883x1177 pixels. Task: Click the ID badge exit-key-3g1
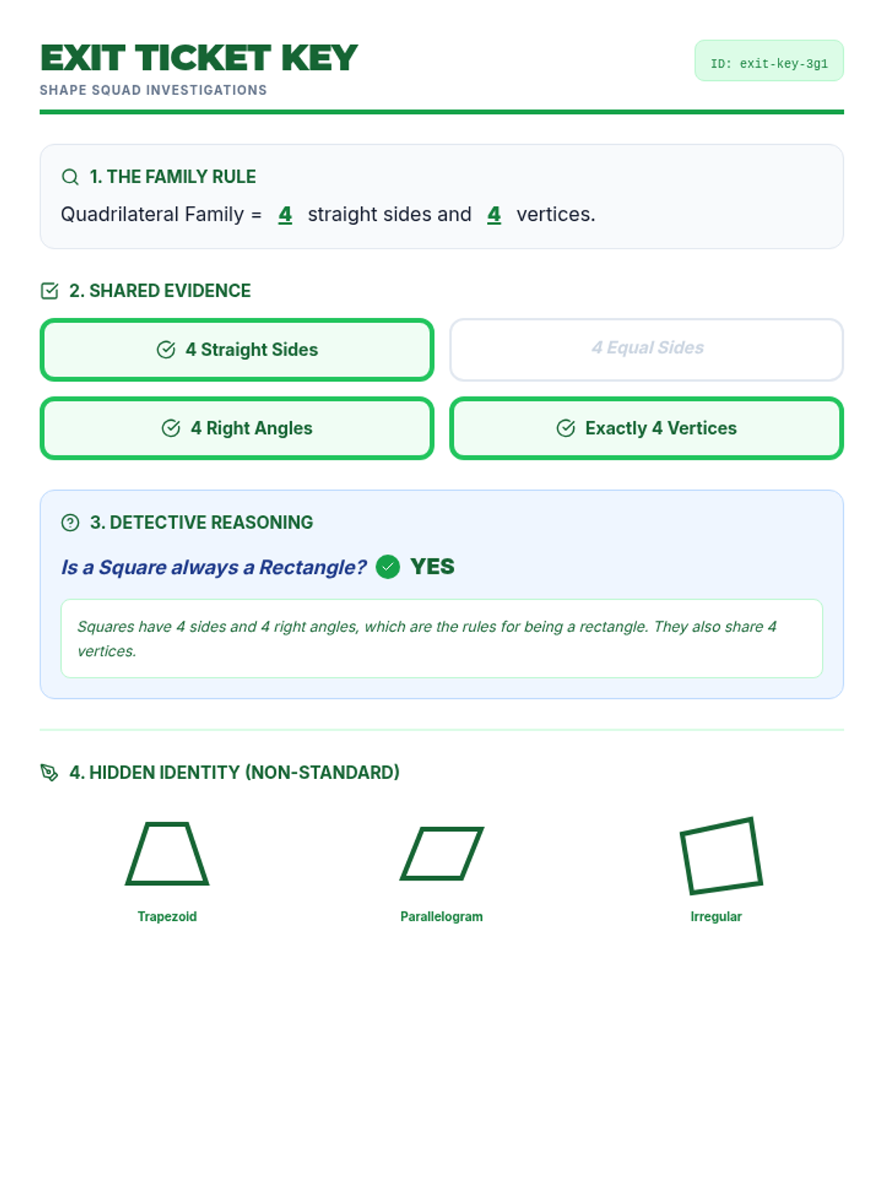[x=768, y=60]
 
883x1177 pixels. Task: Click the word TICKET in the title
[x=202, y=57]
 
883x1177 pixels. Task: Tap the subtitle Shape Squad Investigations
[x=153, y=90]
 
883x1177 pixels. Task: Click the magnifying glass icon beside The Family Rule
[x=70, y=177]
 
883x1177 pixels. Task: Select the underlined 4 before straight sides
[x=286, y=215]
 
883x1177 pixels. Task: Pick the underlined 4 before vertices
[x=494, y=215]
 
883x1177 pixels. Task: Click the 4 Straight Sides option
[x=236, y=349]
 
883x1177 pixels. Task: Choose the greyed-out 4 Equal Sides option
[x=646, y=349]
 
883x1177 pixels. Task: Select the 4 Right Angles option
[x=236, y=428]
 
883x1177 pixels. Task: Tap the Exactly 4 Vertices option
[x=646, y=428]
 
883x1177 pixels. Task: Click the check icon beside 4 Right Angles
[x=171, y=428]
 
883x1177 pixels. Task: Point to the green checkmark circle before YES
[x=388, y=566]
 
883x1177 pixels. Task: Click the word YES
[x=432, y=566]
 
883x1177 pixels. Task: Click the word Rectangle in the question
[x=313, y=567]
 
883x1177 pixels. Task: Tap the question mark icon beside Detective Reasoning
[x=70, y=522]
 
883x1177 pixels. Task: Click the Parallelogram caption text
[x=441, y=917]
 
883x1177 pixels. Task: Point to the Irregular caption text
[x=716, y=917]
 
